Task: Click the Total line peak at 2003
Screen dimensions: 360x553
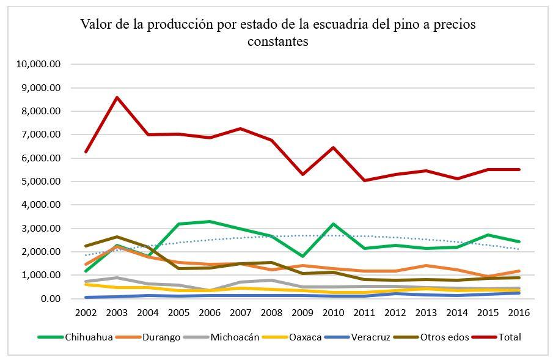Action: pos(117,97)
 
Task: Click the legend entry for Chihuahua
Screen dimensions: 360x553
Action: pos(89,337)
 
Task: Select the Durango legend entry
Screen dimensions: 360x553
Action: pos(160,337)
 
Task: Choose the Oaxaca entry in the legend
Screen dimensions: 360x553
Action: pos(304,337)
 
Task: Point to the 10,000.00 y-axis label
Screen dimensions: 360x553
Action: pos(40,64)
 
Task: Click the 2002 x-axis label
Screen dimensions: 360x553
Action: pos(86,312)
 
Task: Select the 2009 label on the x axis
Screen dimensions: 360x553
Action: pos(302,312)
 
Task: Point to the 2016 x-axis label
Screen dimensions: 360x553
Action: pos(519,312)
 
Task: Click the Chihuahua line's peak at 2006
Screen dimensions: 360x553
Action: pos(210,221)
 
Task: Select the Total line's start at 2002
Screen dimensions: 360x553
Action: pos(86,152)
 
